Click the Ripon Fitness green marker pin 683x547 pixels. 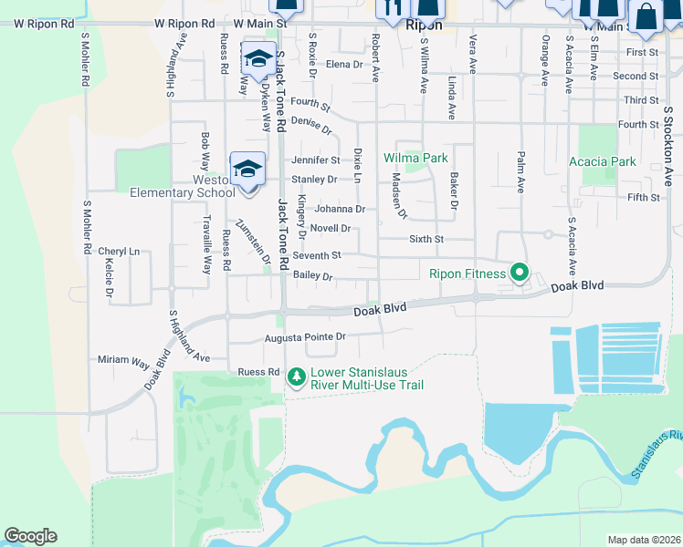click(520, 273)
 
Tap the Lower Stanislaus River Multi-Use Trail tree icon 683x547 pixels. click(296, 375)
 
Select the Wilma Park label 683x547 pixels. click(415, 158)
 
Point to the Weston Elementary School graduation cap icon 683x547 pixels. click(247, 168)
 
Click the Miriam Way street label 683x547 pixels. click(123, 360)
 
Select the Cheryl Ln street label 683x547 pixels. click(119, 251)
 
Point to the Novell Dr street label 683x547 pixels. click(331, 229)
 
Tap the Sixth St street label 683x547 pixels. click(425, 239)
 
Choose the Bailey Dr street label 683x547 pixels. click(312, 276)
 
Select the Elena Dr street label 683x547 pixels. click(344, 64)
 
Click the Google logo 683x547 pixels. click(30, 536)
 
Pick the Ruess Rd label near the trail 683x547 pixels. click(257, 372)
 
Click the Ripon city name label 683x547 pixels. click(424, 26)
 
